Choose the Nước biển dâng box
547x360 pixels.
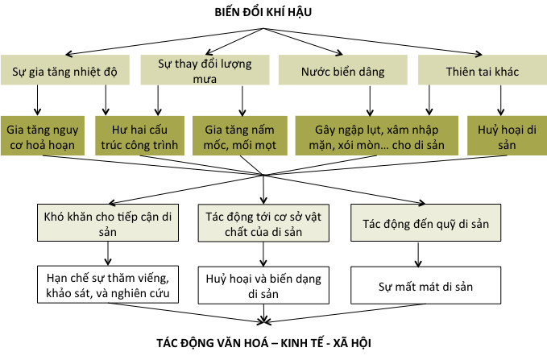point(342,71)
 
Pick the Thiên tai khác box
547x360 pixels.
point(481,71)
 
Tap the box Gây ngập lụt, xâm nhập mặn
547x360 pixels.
point(373,136)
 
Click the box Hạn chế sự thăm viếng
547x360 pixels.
point(107,284)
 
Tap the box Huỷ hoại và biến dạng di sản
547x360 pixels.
point(264,284)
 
